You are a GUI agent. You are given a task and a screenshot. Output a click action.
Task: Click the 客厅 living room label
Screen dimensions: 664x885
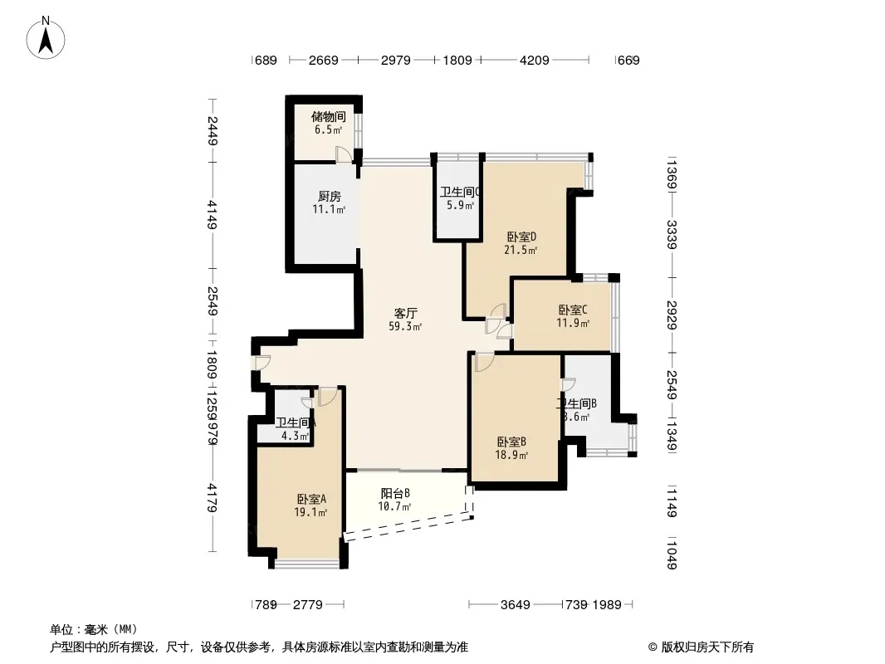[405, 313]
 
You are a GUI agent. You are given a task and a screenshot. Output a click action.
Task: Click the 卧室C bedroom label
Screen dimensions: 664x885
[573, 310]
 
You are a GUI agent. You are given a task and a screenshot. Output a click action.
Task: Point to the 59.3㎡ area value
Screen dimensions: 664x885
[405, 326]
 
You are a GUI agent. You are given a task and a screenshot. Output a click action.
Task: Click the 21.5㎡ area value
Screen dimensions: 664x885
[521, 249]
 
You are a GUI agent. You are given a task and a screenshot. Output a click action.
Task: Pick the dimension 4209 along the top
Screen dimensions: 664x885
[535, 60]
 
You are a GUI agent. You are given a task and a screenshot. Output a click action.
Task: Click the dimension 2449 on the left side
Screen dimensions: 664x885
[213, 131]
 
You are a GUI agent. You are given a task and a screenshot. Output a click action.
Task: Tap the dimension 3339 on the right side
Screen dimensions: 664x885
[672, 236]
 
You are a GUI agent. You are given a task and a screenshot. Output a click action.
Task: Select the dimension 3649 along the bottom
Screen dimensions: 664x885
[515, 605]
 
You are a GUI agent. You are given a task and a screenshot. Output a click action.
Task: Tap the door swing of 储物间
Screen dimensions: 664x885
[343, 154]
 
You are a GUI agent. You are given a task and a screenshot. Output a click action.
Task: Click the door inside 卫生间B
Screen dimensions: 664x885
[569, 383]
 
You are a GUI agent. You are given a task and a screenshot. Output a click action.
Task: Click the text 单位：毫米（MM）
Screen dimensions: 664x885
[94, 629]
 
